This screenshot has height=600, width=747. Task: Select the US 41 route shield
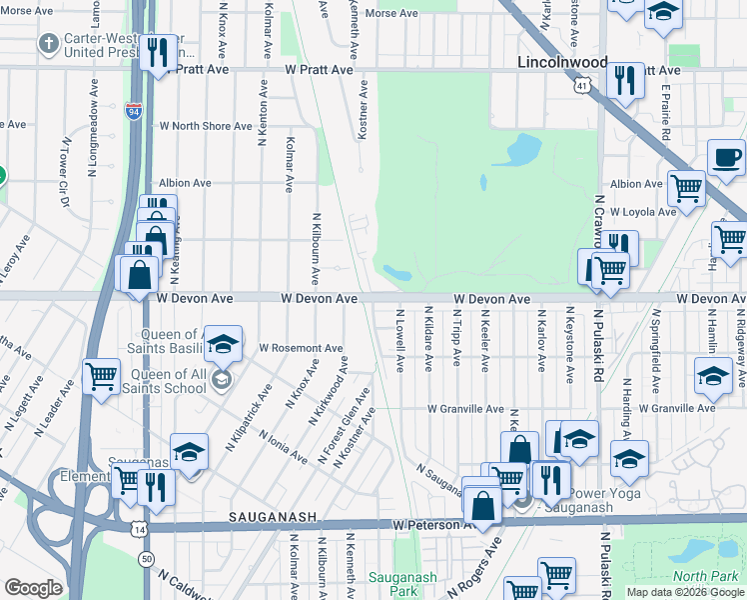(x=582, y=87)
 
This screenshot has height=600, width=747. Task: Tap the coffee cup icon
(x=727, y=158)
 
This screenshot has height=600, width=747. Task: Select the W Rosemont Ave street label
(x=301, y=348)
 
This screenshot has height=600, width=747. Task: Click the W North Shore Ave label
(x=207, y=127)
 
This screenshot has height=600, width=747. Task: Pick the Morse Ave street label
(x=391, y=14)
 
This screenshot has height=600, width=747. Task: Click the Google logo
(x=33, y=588)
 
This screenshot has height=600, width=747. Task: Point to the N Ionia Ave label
(x=283, y=446)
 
